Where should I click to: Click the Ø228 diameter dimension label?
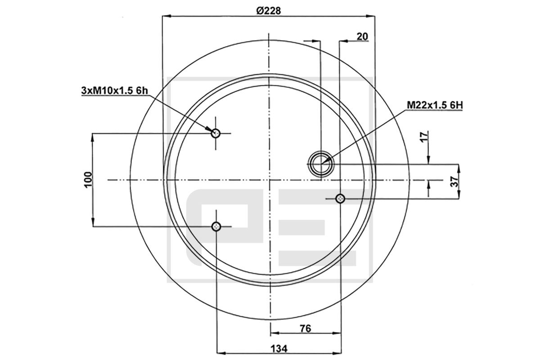click(269, 10)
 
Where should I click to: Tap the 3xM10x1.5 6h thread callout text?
click(114, 90)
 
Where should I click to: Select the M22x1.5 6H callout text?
click(435, 105)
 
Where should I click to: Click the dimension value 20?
click(362, 36)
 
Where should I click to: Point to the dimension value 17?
click(425, 136)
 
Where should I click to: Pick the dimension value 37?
click(454, 181)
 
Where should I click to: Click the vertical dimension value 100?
click(88, 180)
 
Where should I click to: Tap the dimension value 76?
click(306, 328)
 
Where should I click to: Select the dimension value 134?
click(279, 349)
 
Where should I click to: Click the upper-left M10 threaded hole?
click(216, 133)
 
